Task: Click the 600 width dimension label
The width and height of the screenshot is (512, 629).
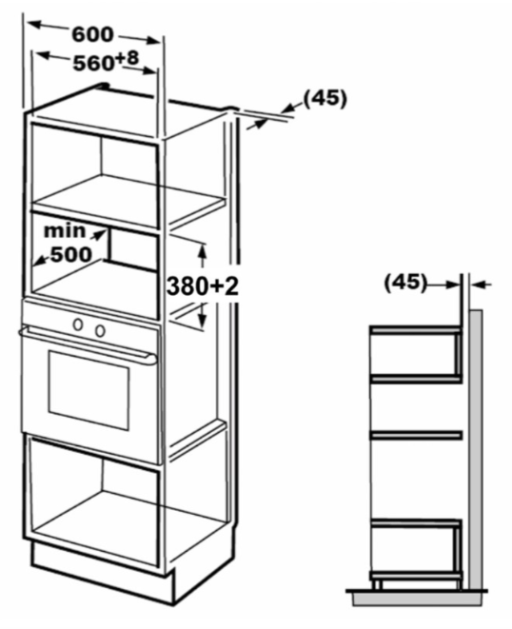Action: [92, 35]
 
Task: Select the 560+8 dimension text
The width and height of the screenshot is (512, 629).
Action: [106, 62]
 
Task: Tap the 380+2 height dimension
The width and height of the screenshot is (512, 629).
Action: [203, 286]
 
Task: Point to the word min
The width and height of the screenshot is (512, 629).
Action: [65, 231]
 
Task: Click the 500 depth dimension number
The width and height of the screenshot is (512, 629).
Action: [71, 254]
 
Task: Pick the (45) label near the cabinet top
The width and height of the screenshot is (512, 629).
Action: [325, 98]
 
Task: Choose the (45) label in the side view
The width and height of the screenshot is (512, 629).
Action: [405, 283]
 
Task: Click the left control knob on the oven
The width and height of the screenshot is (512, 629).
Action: [78, 324]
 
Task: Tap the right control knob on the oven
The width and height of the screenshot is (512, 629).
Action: [100, 330]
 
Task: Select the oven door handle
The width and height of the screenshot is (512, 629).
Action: [88, 345]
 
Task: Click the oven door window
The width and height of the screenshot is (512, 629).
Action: [89, 390]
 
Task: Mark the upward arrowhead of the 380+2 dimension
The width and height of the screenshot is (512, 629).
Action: [203, 250]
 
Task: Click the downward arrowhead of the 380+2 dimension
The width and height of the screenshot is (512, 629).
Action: [203, 320]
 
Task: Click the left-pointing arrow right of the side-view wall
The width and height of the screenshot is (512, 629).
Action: [482, 285]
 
